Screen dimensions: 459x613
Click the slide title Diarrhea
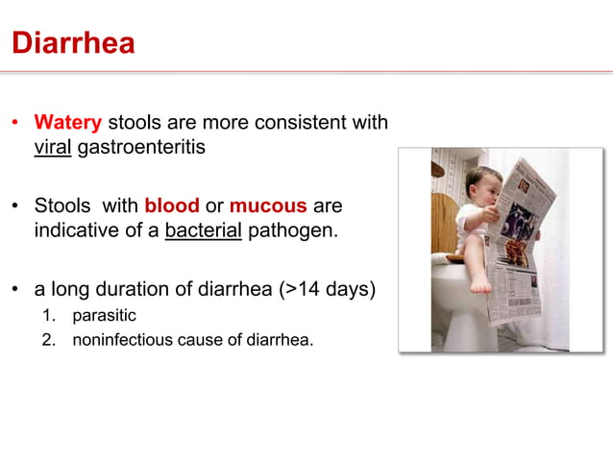click(72, 43)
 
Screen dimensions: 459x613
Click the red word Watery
click(68, 123)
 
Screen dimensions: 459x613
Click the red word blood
click(172, 206)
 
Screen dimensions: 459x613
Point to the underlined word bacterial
click(204, 232)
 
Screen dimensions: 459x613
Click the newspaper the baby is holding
click(524, 250)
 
